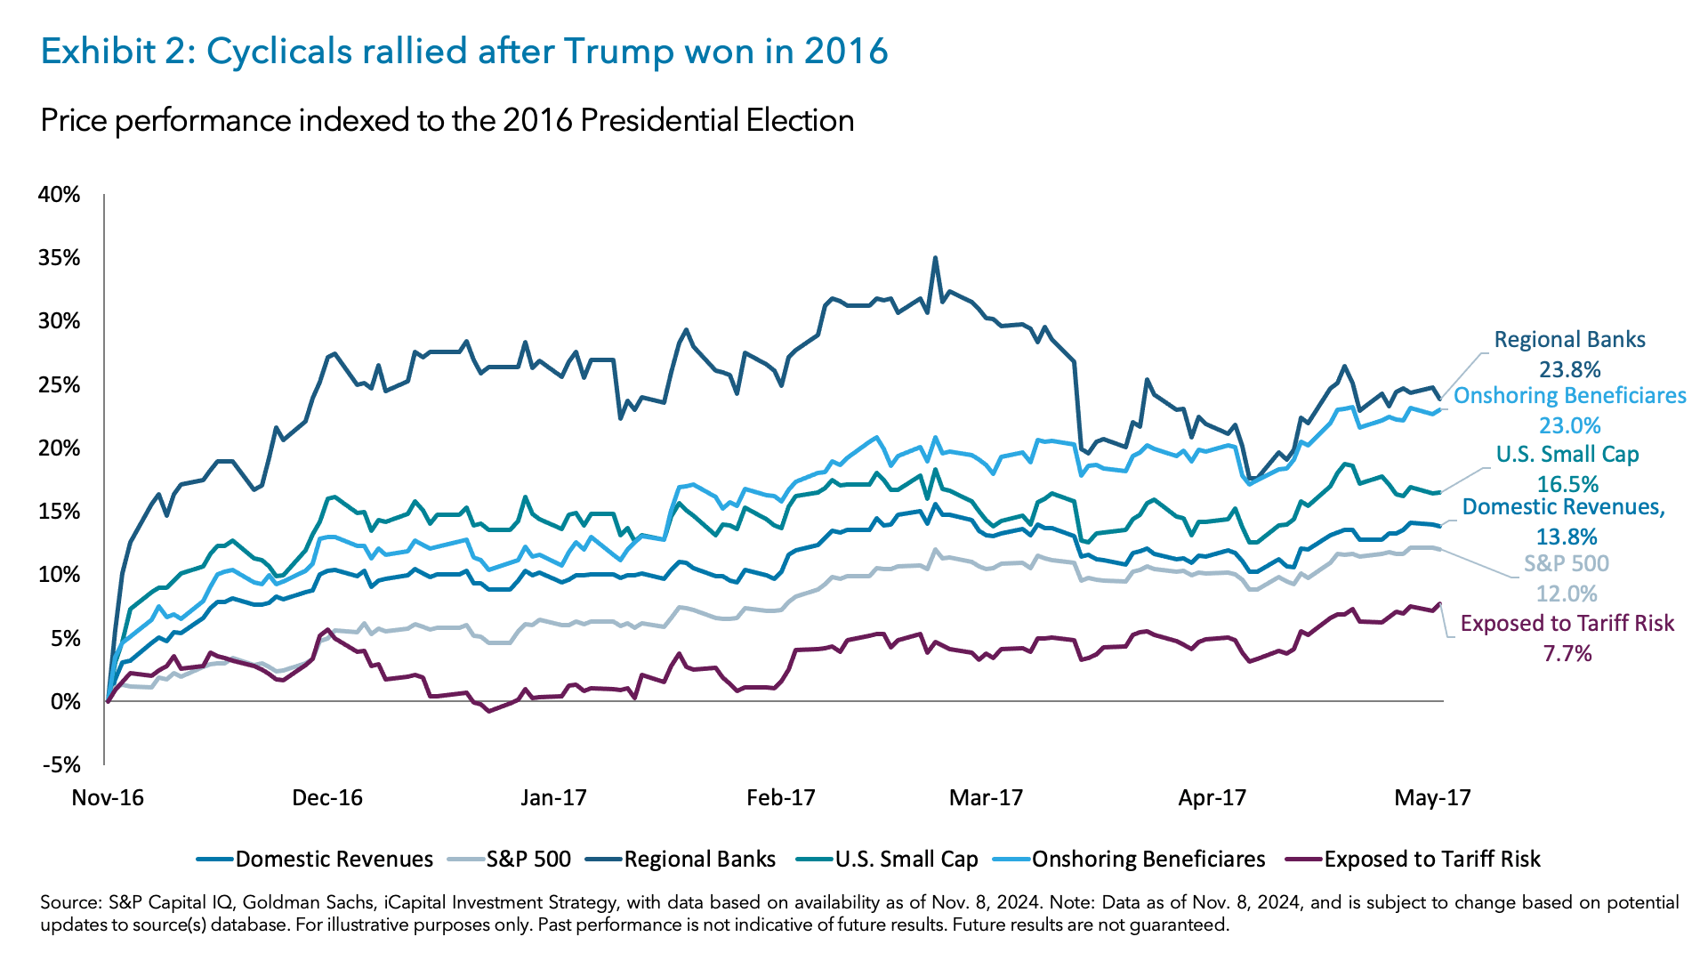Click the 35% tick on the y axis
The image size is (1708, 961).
(x=59, y=258)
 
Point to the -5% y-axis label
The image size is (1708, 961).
(x=60, y=765)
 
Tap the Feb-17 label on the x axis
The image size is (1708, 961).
(x=780, y=797)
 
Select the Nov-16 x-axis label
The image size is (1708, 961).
(x=108, y=797)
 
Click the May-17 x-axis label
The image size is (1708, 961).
(x=1432, y=797)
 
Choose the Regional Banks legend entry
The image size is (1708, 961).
(x=699, y=859)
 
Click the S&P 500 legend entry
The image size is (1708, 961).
(x=528, y=859)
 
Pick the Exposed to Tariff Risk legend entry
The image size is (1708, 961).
(x=1431, y=859)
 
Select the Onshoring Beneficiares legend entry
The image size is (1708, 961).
(x=1148, y=859)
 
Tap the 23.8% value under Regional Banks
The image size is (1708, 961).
(x=1570, y=369)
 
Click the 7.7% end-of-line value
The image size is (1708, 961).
(x=1567, y=654)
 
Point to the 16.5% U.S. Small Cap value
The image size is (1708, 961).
(x=1567, y=484)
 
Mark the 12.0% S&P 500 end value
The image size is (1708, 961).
(x=1567, y=594)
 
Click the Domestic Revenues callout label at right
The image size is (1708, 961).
(x=1563, y=507)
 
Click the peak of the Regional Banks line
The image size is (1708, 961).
(x=935, y=258)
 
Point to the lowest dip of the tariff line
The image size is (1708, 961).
(x=488, y=711)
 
